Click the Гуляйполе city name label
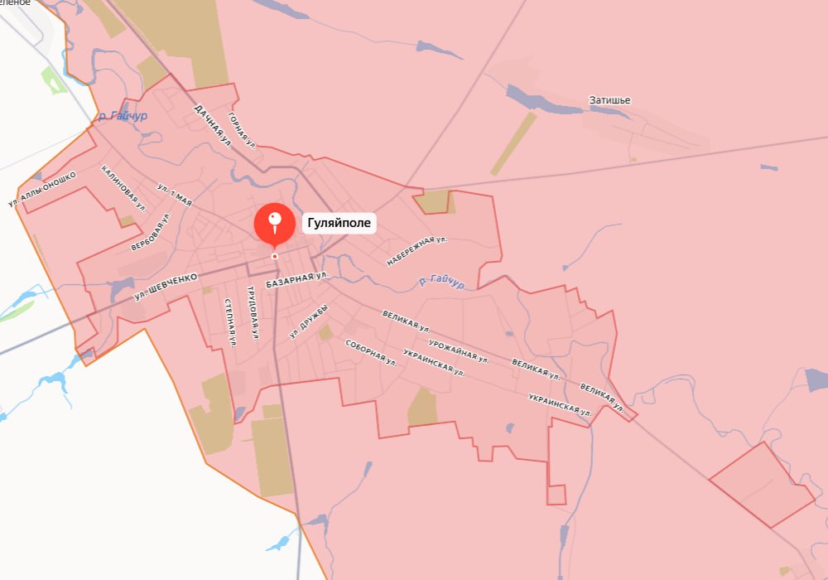[x=339, y=223]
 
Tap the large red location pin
[x=274, y=223]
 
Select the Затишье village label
[x=609, y=100]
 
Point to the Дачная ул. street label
[x=212, y=125]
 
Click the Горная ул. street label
[x=243, y=129]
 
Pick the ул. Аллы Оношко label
[x=43, y=189]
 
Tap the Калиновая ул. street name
[x=123, y=188]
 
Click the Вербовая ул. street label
[x=151, y=233]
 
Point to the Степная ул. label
[x=230, y=321]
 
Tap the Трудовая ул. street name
[x=253, y=313]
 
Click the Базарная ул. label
[x=297, y=279]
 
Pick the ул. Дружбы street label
[x=309, y=321]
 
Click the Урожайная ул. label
[x=459, y=351]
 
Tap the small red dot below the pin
[x=275, y=256]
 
